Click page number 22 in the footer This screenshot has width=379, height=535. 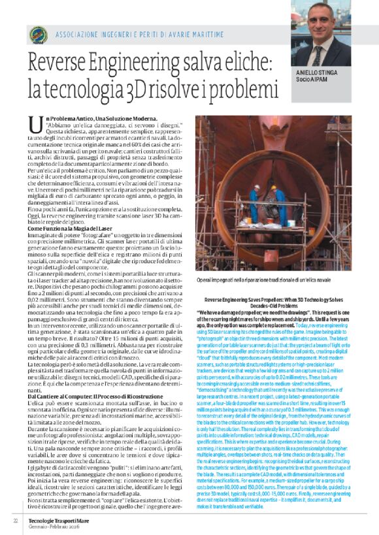[15, 520]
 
